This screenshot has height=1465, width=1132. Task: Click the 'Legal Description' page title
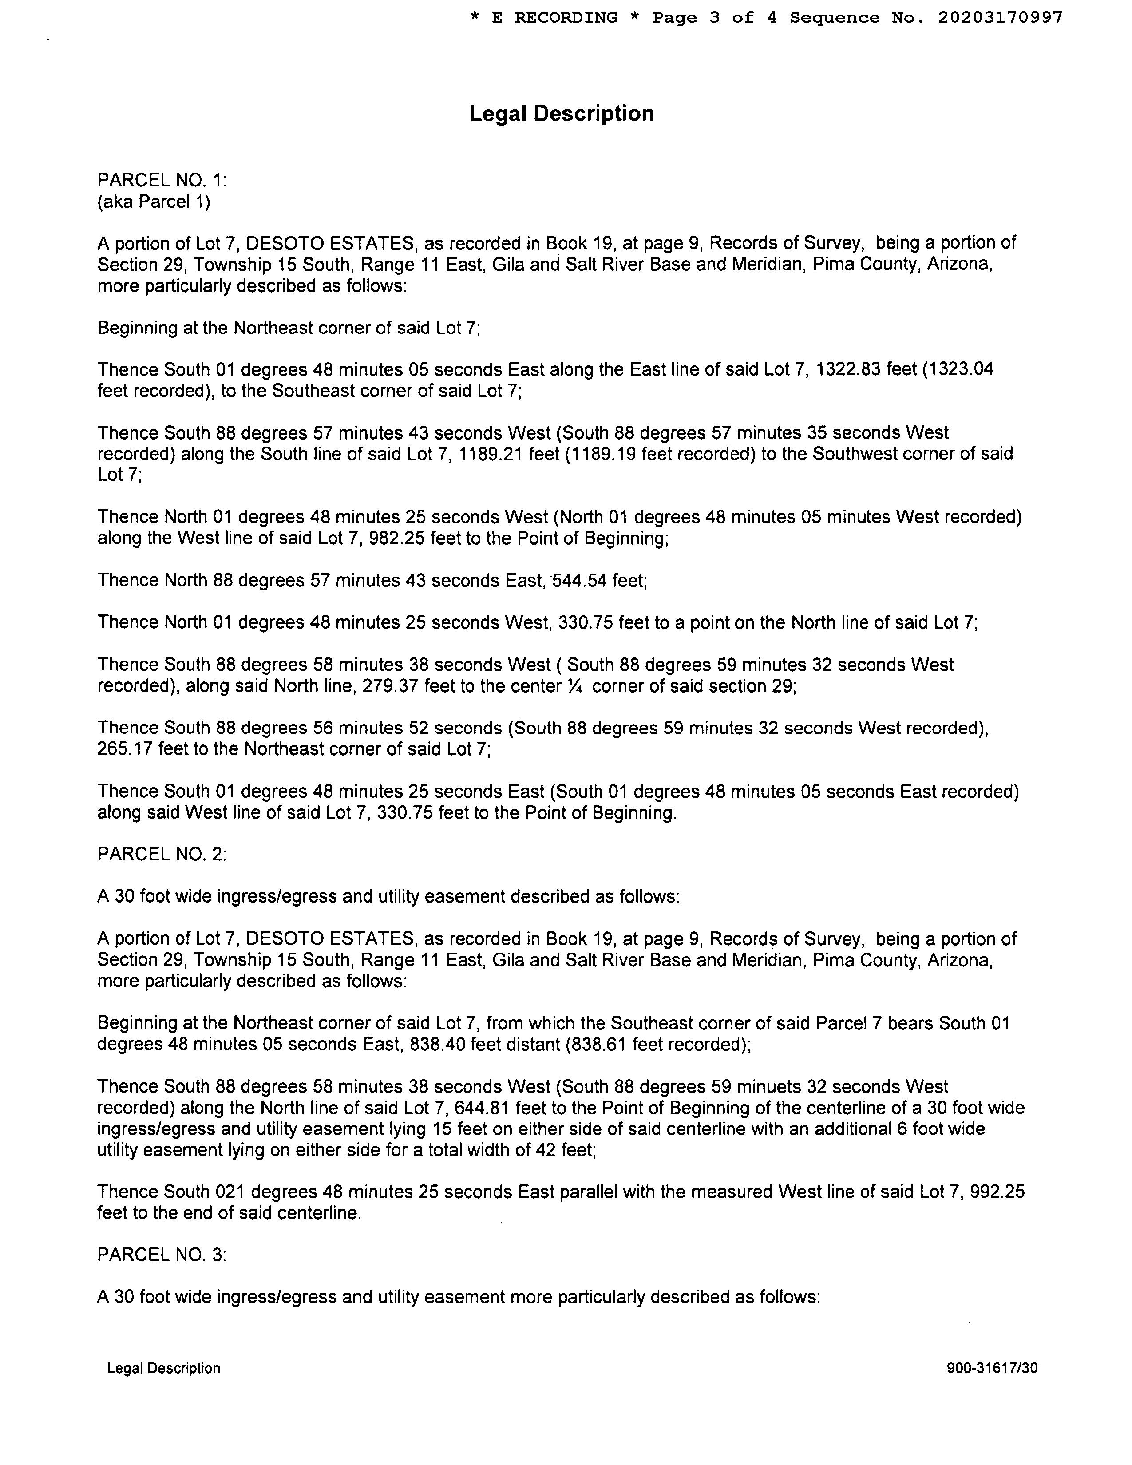561,113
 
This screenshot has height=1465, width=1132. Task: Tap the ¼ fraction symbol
574,686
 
